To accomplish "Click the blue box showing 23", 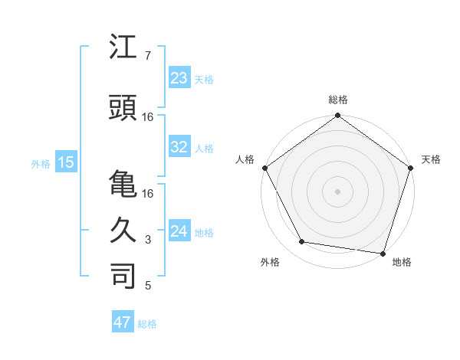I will click(x=179, y=78).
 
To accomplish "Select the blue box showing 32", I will click(x=179, y=147).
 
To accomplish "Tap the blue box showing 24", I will click(x=179, y=231).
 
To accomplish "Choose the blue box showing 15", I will click(x=66, y=162).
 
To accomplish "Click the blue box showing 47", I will click(x=123, y=322).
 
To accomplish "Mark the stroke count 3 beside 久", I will click(x=147, y=240).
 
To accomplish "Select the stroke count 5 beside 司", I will click(x=147, y=286).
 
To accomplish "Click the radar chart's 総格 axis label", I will click(x=337, y=100).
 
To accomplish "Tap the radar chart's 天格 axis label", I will click(x=432, y=159).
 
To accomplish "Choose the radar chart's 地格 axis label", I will click(x=402, y=262).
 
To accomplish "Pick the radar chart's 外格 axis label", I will click(x=270, y=262).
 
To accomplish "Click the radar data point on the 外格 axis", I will click(x=302, y=242).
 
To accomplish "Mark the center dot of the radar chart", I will click(x=337, y=191).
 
